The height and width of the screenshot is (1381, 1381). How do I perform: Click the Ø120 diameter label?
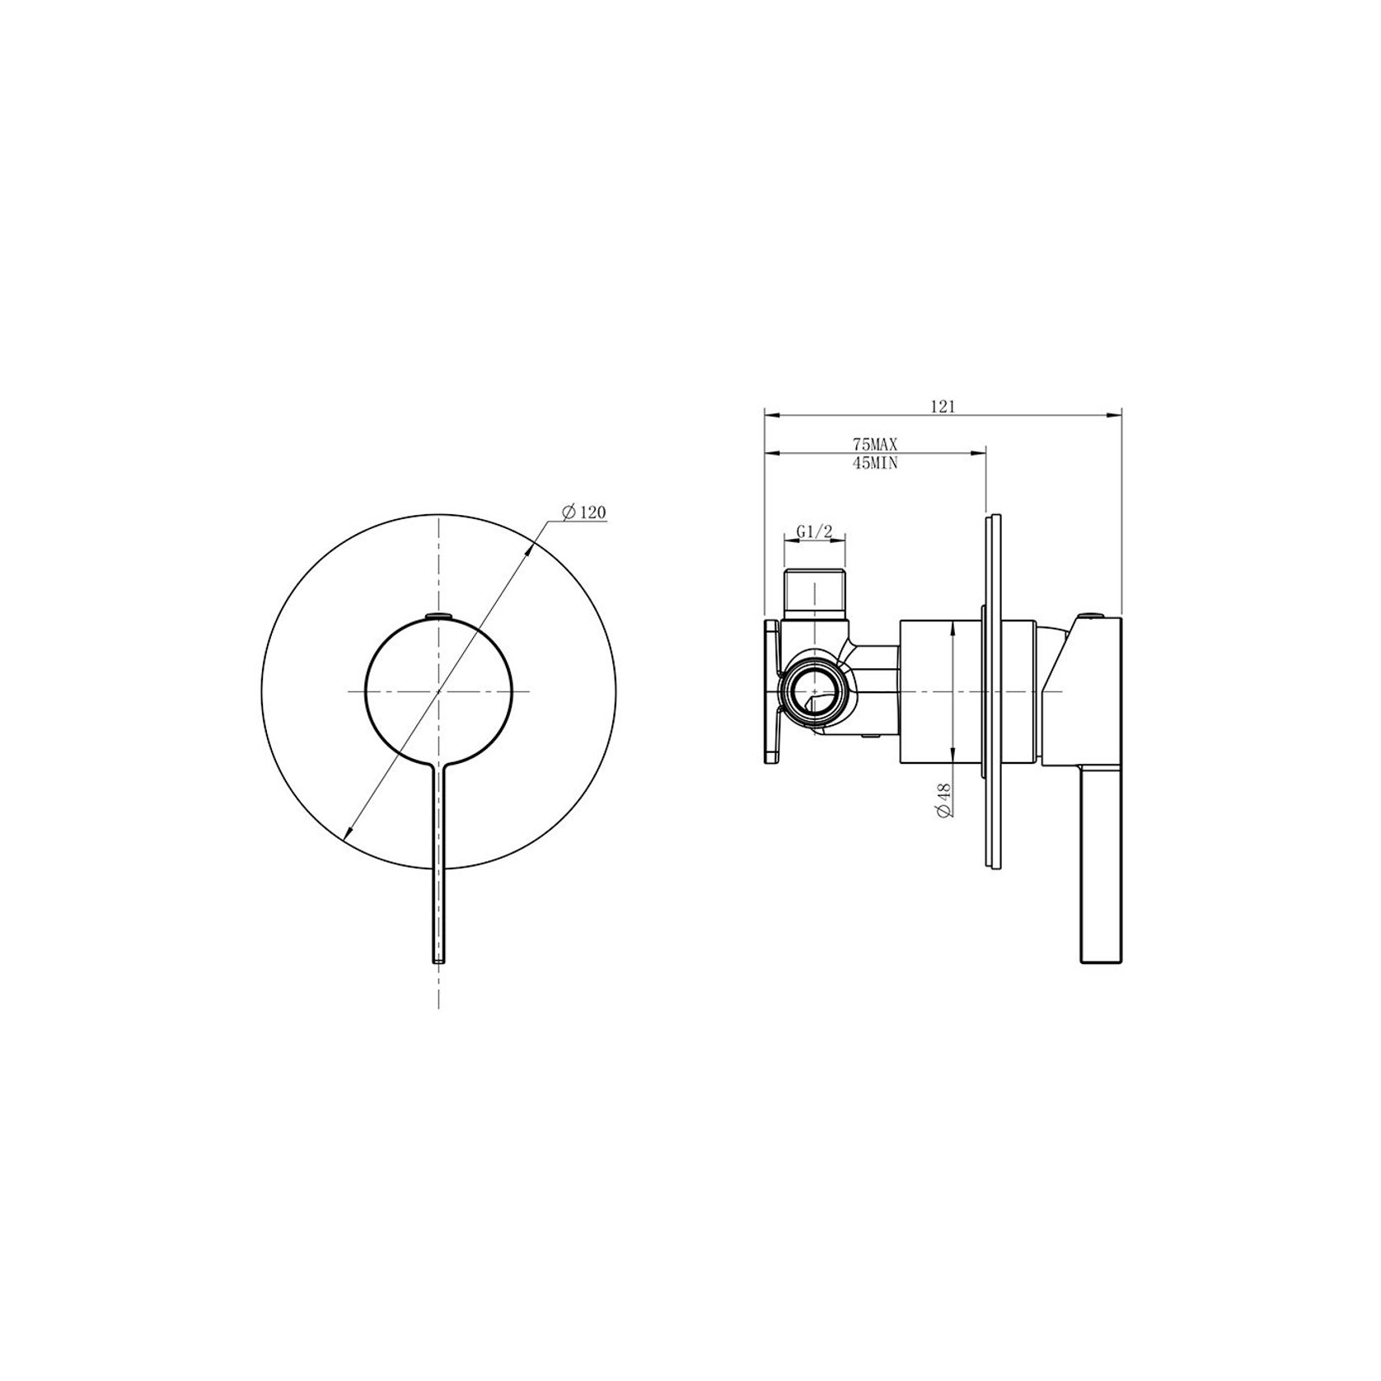[x=584, y=513]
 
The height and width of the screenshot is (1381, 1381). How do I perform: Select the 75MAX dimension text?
[x=874, y=444]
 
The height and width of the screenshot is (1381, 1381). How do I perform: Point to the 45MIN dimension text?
[x=874, y=463]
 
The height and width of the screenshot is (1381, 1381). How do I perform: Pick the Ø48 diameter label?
[x=944, y=799]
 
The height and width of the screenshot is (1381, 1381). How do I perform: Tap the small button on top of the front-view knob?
[x=438, y=614]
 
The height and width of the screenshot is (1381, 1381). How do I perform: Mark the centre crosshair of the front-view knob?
[x=438, y=690]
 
